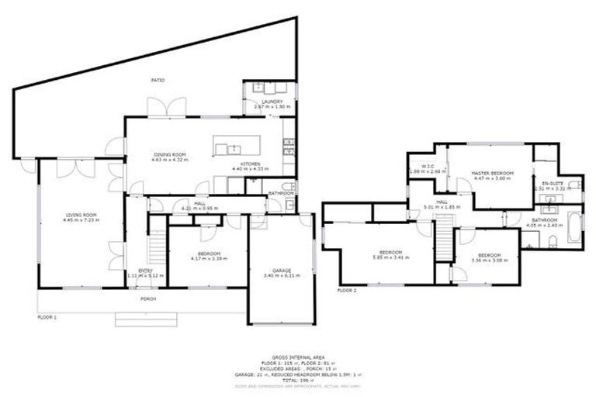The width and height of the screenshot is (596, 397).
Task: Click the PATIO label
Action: coord(158,80)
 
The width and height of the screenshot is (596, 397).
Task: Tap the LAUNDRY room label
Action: coord(271,102)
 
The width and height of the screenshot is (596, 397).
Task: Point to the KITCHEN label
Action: coord(251,164)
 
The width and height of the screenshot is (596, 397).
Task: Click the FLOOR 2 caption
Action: coord(347,290)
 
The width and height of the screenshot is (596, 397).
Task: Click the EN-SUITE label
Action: coord(552,182)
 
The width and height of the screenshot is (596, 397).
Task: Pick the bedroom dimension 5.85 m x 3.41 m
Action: coord(390,257)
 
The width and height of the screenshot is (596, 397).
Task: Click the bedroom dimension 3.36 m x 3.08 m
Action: coord(487,260)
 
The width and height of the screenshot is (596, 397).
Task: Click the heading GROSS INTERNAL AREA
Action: coord(299,357)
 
